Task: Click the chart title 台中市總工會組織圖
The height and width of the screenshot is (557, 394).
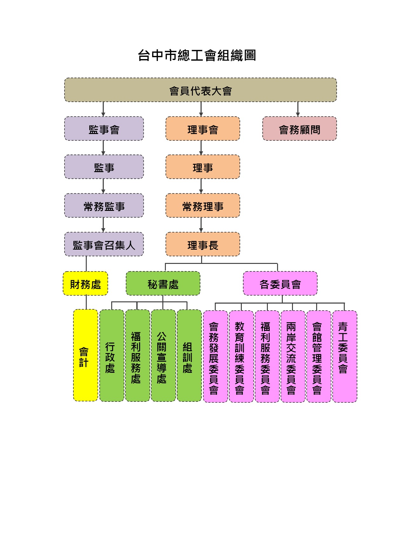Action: pyautogui.click(x=197, y=56)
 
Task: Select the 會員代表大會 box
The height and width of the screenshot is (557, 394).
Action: pyautogui.click(x=200, y=90)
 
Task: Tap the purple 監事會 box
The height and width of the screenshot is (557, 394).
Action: pyautogui.click(x=104, y=129)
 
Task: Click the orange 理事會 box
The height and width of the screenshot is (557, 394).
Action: pyautogui.click(x=203, y=129)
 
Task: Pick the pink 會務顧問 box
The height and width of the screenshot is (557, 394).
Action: pyautogui.click(x=300, y=129)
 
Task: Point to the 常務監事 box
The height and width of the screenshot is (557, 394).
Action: pyautogui.click(x=104, y=205)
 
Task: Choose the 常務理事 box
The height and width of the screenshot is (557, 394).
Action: pyautogui.click(x=203, y=205)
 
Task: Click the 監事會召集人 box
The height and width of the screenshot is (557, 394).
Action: pyautogui.click(x=104, y=244)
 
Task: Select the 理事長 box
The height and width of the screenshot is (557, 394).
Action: pyautogui.click(x=203, y=244)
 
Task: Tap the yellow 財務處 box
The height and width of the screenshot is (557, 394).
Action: pyautogui.click(x=85, y=283)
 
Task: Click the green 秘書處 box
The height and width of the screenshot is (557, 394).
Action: pyautogui.click(x=163, y=283)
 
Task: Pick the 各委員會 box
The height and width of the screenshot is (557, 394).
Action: pyautogui.click(x=280, y=283)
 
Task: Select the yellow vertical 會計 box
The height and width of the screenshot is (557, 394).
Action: pyautogui.click(x=85, y=355)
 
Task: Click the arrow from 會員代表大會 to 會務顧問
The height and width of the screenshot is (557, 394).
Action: pyautogui.click(x=298, y=109)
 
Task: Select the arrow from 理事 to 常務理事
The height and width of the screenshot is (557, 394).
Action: pyautogui.click(x=201, y=186)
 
